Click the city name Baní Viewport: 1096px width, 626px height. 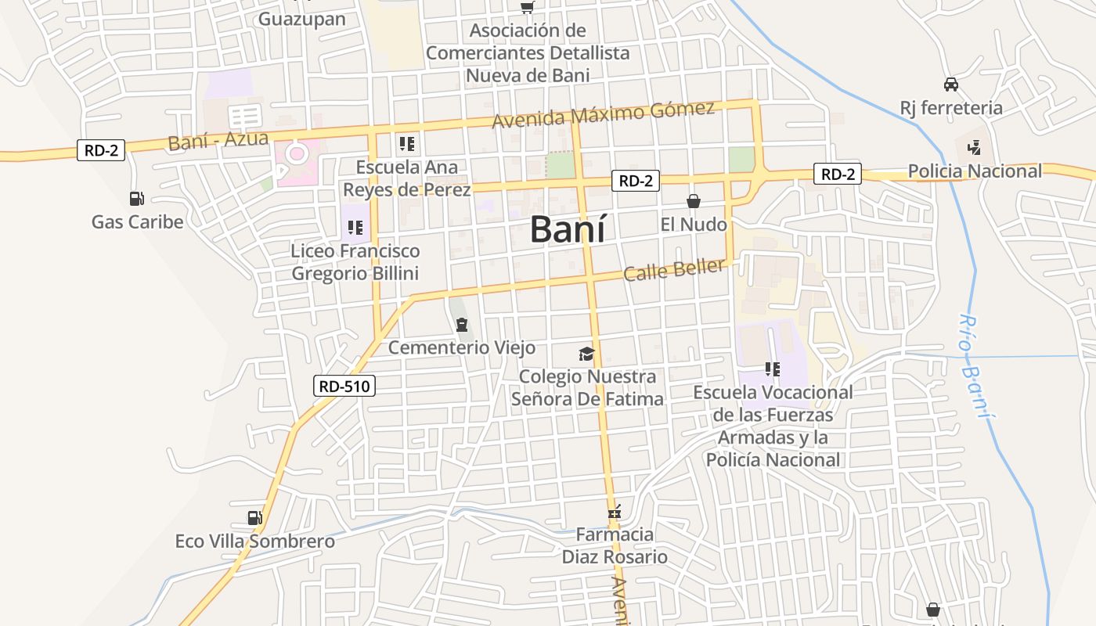[x=568, y=229]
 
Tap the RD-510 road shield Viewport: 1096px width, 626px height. [x=344, y=385]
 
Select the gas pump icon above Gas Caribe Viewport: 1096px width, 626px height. [x=137, y=200]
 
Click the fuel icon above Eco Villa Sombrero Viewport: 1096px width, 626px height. [x=254, y=518]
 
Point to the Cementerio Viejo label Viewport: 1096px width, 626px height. [x=462, y=347]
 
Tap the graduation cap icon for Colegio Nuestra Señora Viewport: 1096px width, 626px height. [x=587, y=354]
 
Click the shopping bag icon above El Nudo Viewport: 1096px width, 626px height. [x=694, y=201]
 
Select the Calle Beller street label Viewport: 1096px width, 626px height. [x=674, y=270]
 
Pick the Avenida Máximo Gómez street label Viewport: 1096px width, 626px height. [x=603, y=114]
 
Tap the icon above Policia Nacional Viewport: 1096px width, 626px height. [x=974, y=147]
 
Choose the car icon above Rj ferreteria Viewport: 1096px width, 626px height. [x=951, y=85]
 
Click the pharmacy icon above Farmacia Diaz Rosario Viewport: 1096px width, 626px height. [x=615, y=513]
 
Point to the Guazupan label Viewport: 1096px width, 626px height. [x=302, y=19]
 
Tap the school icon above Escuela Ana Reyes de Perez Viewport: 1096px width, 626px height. [x=406, y=144]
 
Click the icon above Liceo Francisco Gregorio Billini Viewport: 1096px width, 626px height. [x=355, y=228]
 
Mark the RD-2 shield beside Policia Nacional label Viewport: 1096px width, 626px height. [x=837, y=174]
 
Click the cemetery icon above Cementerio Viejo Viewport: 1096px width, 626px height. [x=462, y=324]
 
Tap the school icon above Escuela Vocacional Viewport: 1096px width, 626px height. [x=773, y=369]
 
